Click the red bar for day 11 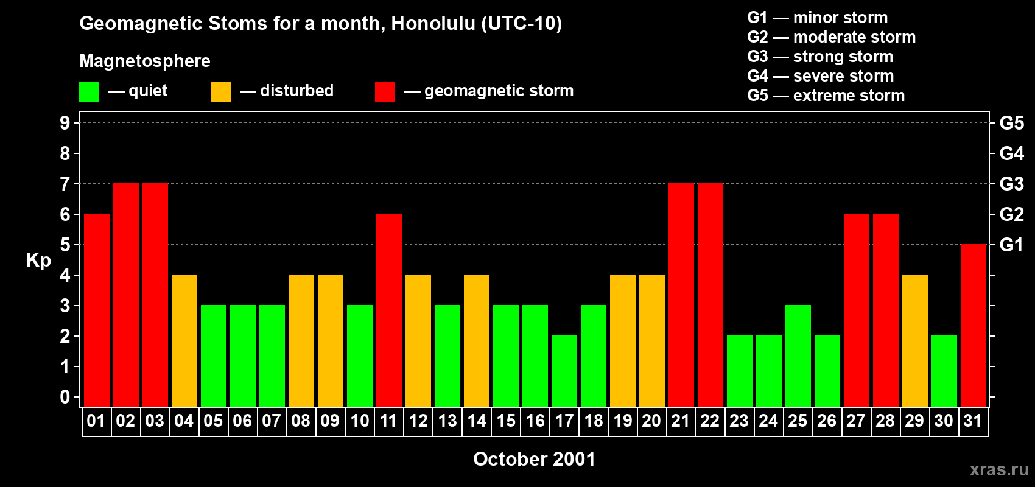389,310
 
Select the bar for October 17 564,371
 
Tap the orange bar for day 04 184,340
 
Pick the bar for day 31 974,325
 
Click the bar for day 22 710,295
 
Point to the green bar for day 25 798,356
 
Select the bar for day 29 915,340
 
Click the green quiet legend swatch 89,92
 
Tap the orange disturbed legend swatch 221,92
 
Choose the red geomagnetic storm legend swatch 385,92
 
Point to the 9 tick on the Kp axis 65,123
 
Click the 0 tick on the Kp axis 65,398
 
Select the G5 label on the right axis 1011,123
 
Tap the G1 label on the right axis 1011,245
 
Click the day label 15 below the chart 506,421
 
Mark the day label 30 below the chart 944,421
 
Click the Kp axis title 38,261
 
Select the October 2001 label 534,459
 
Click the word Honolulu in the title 433,23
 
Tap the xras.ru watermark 999,469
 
